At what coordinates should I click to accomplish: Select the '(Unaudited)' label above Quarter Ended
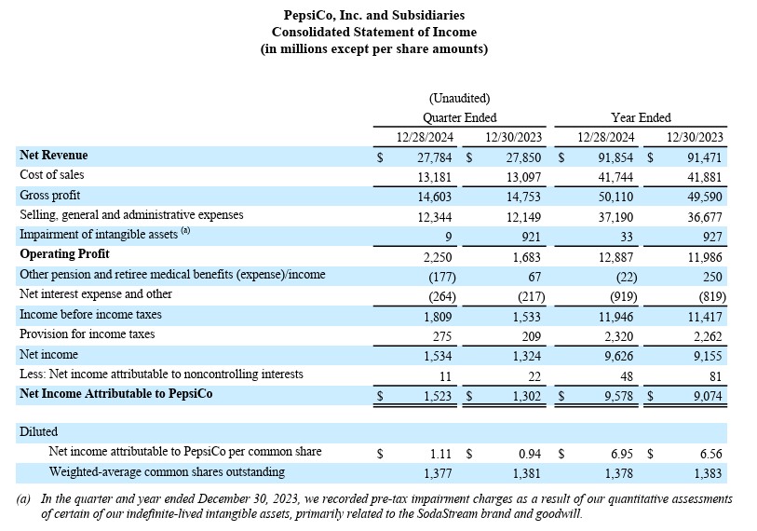(459, 98)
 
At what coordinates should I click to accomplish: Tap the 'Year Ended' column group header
(641, 117)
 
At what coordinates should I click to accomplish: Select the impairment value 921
(528, 235)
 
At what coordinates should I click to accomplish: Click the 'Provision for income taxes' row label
(87, 334)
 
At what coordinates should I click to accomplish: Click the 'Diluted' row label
(38, 431)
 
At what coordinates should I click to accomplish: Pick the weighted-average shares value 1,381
(526, 472)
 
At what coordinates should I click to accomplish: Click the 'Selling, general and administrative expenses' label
(131, 215)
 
